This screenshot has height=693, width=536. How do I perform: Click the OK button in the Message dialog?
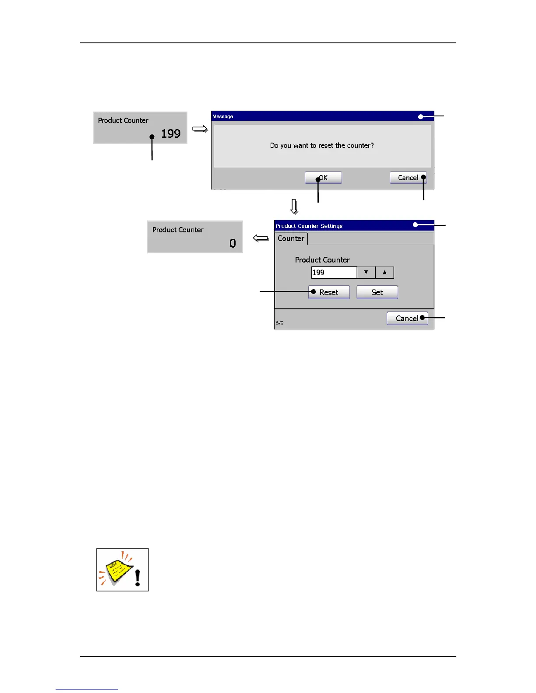point(323,178)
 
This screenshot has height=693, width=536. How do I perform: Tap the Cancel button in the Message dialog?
point(408,178)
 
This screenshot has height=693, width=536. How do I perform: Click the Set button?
point(377,292)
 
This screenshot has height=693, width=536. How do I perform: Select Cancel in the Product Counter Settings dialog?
point(407,318)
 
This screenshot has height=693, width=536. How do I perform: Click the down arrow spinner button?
point(366,273)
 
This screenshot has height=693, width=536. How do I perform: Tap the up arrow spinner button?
point(384,273)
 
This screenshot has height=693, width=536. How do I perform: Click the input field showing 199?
point(334,273)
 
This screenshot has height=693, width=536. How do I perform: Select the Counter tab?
point(291,238)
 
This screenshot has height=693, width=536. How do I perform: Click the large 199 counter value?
point(171,133)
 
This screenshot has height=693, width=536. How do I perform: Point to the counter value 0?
point(233,243)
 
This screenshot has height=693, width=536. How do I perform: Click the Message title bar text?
point(223,116)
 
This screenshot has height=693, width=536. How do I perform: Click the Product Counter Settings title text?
point(309,226)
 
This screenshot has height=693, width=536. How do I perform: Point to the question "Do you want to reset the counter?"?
point(322,145)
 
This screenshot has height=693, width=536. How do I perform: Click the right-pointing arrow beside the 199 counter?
point(200,129)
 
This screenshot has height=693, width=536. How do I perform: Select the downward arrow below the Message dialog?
point(294,206)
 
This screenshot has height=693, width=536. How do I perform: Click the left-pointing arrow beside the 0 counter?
point(261,238)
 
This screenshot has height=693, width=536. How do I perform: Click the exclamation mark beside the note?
point(138,577)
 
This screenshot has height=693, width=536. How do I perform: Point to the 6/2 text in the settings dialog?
point(279,323)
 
